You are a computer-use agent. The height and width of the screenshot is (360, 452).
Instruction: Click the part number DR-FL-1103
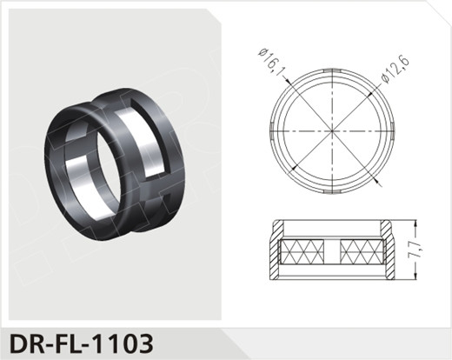click(x=82, y=343)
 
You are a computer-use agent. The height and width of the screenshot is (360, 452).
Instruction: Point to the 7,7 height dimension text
click(x=416, y=250)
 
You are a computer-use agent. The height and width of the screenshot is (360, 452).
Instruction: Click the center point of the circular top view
click(x=332, y=131)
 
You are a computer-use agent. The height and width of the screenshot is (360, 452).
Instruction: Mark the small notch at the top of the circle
click(x=332, y=70)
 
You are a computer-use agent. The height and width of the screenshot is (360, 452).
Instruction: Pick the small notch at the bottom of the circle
click(x=332, y=192)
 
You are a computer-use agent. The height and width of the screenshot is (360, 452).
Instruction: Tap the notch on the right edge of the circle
click(x=393, y=131)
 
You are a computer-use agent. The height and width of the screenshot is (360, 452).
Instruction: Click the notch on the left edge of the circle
click(x=271, y=131)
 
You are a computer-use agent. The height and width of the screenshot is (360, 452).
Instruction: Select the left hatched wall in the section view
click(x=276, y=250)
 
